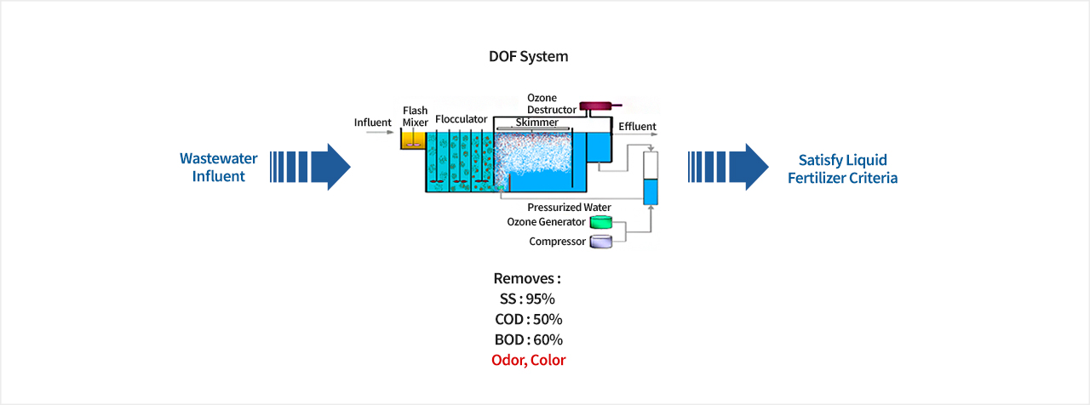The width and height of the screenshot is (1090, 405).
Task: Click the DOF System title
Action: pos(529,56)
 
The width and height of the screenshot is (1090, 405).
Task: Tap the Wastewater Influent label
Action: pos(219,167)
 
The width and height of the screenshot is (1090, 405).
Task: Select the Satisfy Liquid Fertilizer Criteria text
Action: pos(843,168)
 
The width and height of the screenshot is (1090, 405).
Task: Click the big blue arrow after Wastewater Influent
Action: pos(311,167)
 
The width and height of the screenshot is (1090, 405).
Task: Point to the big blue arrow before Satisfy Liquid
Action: pos(728,167)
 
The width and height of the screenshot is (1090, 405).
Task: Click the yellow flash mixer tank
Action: pos(413,140)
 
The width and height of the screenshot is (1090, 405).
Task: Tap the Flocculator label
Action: pos(462,119)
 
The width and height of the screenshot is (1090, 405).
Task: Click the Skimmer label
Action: pos(536,122)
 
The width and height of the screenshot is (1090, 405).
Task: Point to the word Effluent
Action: pos(638,127)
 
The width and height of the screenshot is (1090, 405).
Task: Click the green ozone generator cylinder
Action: pos(601,222)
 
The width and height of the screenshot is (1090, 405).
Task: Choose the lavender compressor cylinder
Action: pos(601,242)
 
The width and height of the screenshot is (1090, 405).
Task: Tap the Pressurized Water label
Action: pos(570,207)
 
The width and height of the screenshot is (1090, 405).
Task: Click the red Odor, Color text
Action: pos(529,360)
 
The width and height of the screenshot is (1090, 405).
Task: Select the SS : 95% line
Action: pos(527,299)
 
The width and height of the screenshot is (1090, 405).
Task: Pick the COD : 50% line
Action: pos(529,319)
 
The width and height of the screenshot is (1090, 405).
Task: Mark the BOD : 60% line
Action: pos(529,339)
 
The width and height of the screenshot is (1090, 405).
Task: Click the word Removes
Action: pos(524,278)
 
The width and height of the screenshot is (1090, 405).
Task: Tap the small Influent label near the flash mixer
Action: pos(373,123)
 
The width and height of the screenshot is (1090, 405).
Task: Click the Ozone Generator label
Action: pos(546,222)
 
